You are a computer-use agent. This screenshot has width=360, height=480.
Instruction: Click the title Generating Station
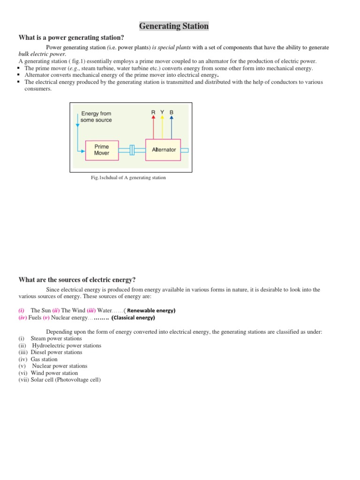point(173,26)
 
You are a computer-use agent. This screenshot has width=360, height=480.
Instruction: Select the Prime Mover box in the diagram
point(102,150)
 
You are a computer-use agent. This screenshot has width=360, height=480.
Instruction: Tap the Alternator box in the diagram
point(164,150)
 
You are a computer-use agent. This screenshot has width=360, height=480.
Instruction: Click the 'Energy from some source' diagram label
point(96,117)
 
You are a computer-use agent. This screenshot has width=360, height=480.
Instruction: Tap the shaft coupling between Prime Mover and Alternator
point(132,150)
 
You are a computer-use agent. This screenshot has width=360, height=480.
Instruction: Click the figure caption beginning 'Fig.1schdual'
point(128,178)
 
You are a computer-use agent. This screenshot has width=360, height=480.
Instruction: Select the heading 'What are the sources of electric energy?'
point(77,279)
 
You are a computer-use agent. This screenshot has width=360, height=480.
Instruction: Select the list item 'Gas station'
point(44,359)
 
